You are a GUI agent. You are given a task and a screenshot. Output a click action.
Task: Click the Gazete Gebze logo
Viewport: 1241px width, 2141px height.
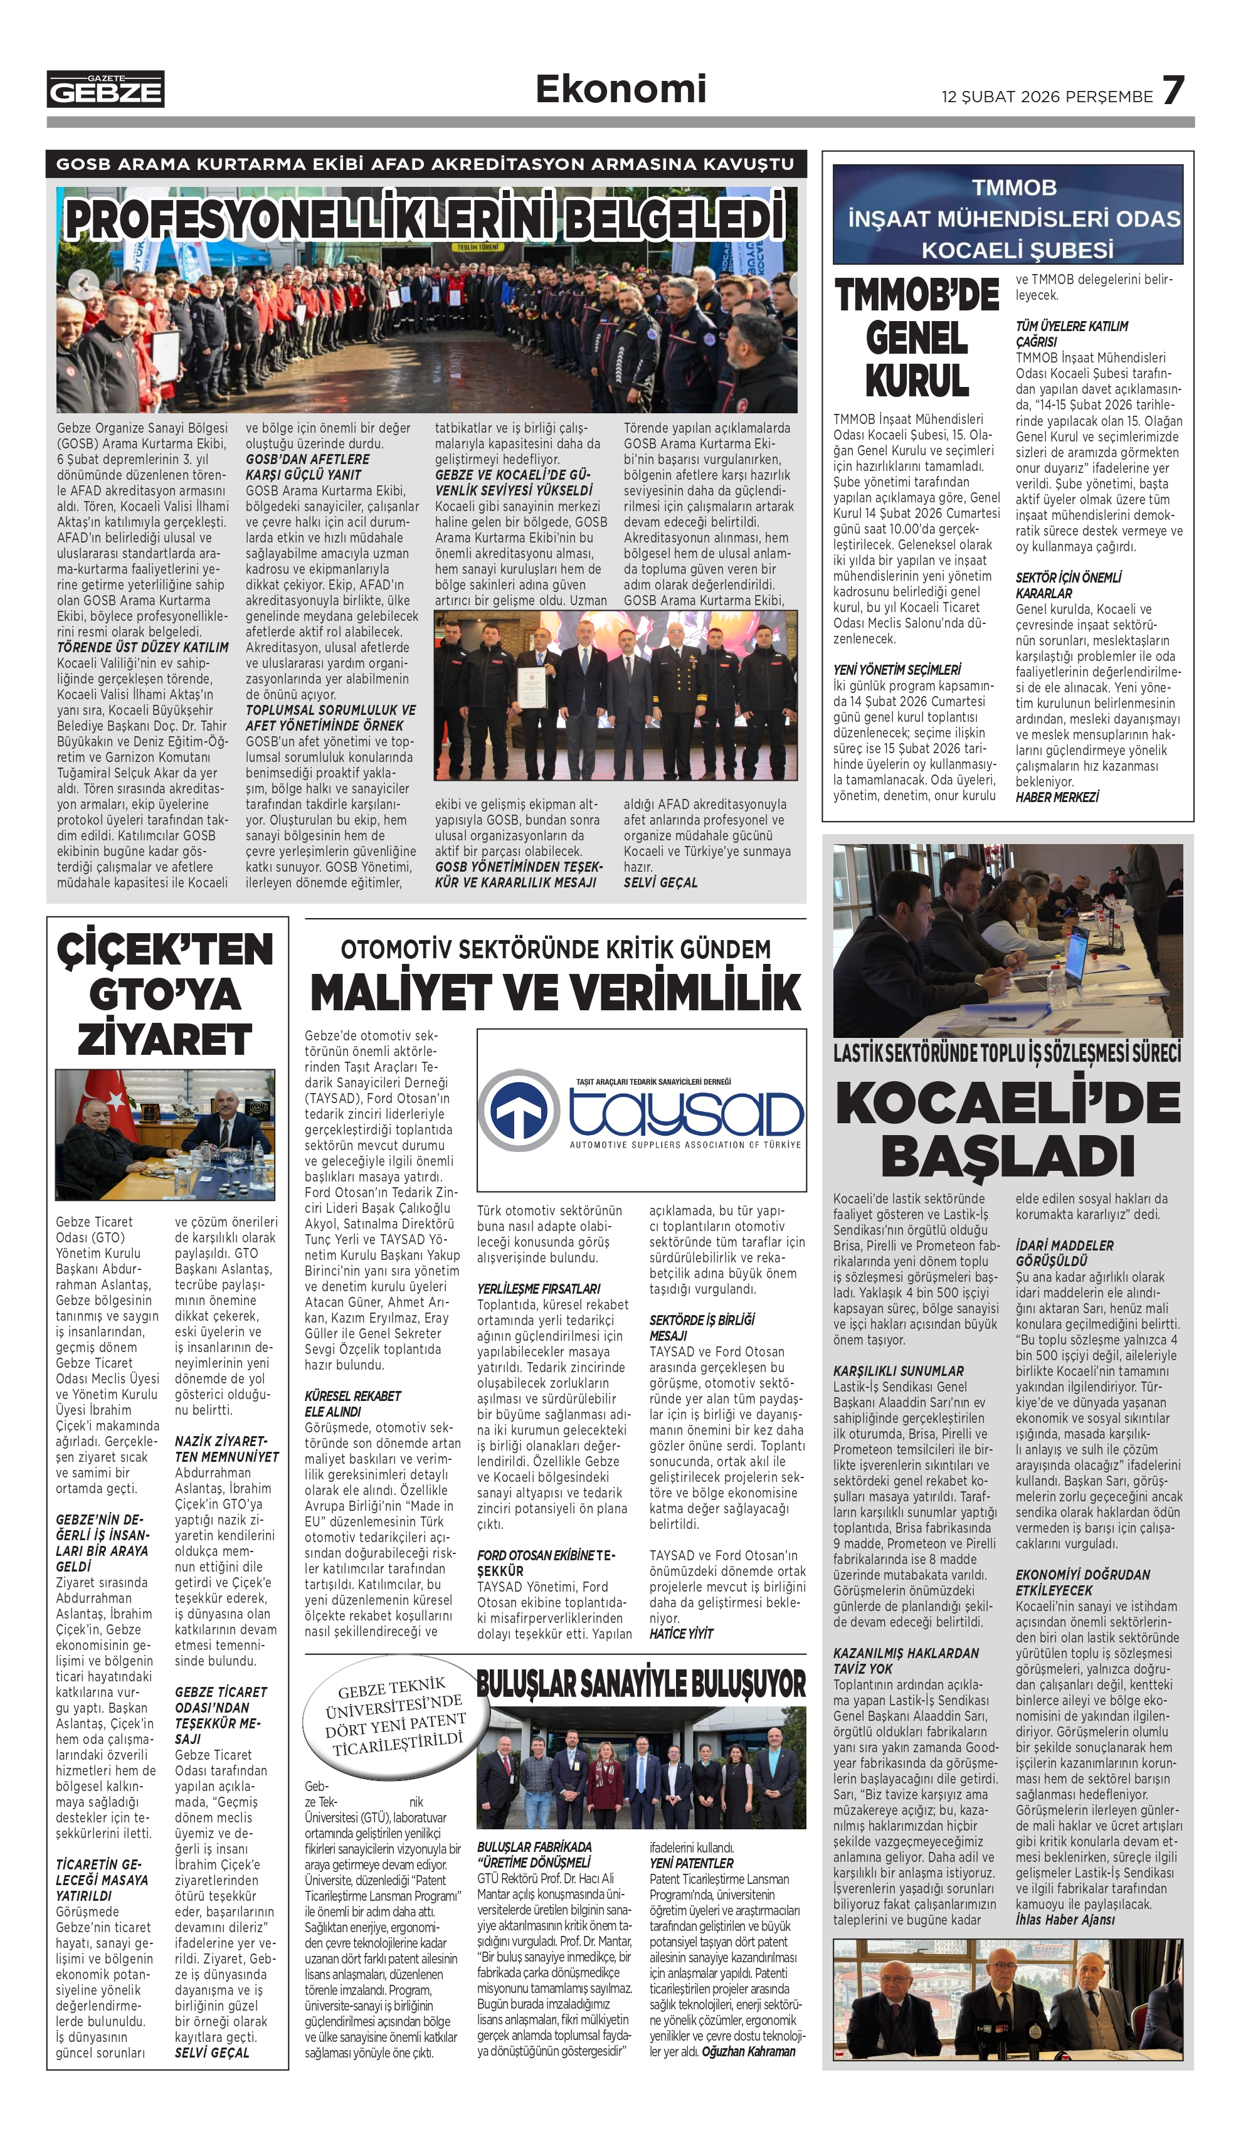[x=105, y=89]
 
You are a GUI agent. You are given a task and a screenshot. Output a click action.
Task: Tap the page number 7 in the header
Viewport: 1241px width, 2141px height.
[x=1173, y=90]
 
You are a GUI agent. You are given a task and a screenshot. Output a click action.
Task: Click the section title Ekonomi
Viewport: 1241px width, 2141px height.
[x=620, y=89]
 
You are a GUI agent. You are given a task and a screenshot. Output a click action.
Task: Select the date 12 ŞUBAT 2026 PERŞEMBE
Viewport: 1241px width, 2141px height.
[x=1047, y=97]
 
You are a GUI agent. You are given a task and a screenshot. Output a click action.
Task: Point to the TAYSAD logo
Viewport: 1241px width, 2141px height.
[x=642, y=1109]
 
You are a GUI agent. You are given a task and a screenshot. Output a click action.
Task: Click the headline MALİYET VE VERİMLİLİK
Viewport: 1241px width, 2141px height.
[x=556, y=991]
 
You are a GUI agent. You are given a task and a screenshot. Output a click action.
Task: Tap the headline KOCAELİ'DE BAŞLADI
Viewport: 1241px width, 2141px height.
[x=1007, y=1128]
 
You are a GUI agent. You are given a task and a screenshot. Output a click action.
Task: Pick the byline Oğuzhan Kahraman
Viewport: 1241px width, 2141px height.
[x=748, y=2051]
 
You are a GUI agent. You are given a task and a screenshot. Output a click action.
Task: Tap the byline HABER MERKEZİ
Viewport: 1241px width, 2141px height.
[x=1057, y=797]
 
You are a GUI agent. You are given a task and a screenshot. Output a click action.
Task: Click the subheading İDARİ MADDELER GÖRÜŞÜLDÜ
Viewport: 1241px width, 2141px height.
[x=1064, y=1253]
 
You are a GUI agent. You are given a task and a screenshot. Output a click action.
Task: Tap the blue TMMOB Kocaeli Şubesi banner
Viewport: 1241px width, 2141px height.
[x=1007, y=215]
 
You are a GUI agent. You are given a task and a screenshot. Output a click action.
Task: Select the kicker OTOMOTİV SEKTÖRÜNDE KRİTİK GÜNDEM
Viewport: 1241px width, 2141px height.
[x=556, y=949]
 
